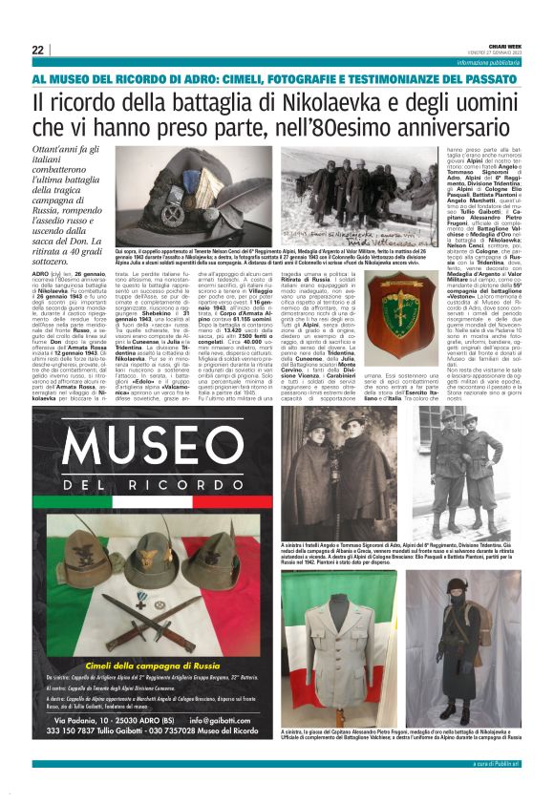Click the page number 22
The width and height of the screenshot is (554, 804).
pyautogui.click(x=37, y=50)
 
